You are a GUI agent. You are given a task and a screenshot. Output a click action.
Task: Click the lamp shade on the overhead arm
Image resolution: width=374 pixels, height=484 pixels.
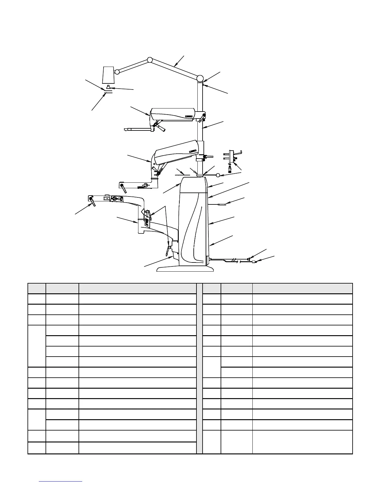pyautogui.click(x=108, y=75)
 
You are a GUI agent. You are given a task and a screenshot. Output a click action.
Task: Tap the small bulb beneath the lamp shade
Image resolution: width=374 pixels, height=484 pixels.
pyautogui.click(x=108, y=88)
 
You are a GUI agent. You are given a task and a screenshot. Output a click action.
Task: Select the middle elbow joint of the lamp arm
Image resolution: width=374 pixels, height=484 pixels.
pyautogui.click(x=150, y=60)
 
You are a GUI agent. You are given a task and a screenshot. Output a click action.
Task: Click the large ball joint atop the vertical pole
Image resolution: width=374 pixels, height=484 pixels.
pyautogui.click(x=200, y=78)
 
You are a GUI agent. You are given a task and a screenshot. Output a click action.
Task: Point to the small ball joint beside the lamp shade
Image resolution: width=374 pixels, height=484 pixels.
pyautogui.click(x=117, y=72)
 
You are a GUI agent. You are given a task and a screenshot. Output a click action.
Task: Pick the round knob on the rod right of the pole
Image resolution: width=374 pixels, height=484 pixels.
pyautogui.click(x=218, y=175)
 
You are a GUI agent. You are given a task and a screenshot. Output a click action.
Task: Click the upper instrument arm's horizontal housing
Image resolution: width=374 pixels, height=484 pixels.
pyautogui.click(x=173, y=114)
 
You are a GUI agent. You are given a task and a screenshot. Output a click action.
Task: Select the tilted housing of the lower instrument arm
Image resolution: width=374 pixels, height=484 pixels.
pyautogui.click(x=177, y=152)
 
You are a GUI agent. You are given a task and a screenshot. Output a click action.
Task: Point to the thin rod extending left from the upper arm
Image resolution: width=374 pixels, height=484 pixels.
pyautogui.click(x=137, y=130)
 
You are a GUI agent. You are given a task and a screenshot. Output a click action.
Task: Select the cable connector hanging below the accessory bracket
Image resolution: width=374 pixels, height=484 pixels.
pyautogui.click(x=230, y=168)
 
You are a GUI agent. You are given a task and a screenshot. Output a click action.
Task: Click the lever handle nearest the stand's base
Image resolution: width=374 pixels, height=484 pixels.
pyautogui.click(x=167, y=251)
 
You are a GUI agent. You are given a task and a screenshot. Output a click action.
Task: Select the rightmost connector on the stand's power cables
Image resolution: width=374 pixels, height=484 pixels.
pyautogui.click(x=254, y=262)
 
